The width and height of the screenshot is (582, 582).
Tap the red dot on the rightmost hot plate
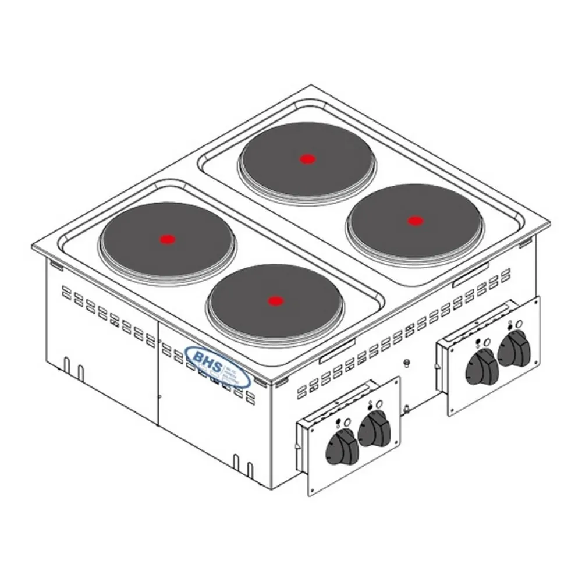click(x=414, y=221)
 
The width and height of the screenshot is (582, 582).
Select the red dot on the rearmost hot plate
click(x=307, y=158)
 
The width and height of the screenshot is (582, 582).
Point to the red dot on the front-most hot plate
click(x=274, y=301)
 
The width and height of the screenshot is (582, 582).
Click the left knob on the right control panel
click(x=480, y=367)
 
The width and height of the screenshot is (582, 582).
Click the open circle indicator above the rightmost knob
click(x=520, y=328)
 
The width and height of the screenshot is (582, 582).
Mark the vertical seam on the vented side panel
click(x=159, y=372)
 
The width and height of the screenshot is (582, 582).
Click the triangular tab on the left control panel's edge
click(x=299, y=449)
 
